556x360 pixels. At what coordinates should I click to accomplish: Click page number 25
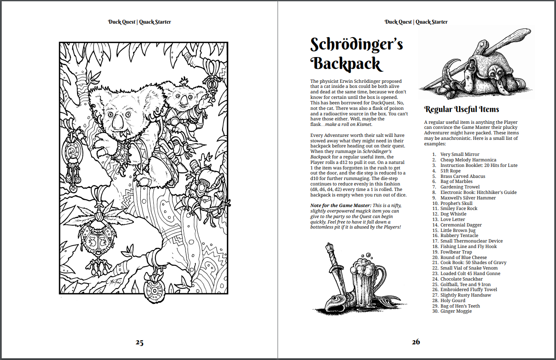pos(139,342)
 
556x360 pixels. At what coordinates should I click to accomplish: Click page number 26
pos(416,342)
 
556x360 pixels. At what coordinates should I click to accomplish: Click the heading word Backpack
pos(346,64)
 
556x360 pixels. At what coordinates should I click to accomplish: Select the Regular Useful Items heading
pos(461,109)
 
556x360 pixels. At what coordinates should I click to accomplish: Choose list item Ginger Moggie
pos(456,311)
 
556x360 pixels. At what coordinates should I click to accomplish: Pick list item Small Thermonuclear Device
pos(472,241)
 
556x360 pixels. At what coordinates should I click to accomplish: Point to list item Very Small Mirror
pos(460,155)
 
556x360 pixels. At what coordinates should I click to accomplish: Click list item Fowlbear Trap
pos(456,252)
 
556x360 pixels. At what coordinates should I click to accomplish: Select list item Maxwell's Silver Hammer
pos(468,198)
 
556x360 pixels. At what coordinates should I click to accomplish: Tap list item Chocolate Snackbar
pos(461,279)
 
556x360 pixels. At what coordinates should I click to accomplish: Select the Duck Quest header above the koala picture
pos(139,22)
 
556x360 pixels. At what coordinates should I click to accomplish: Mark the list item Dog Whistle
pos(453,214)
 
